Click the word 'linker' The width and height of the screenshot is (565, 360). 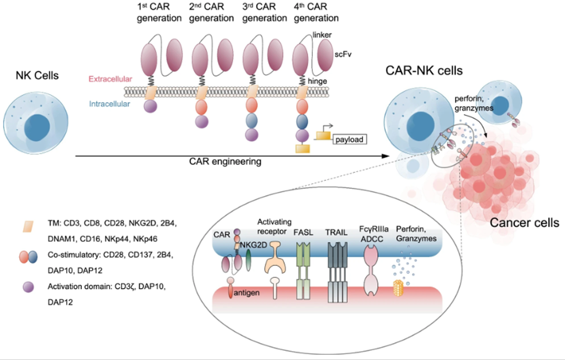pos(320,35)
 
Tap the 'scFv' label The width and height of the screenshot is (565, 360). pos(342,53)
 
